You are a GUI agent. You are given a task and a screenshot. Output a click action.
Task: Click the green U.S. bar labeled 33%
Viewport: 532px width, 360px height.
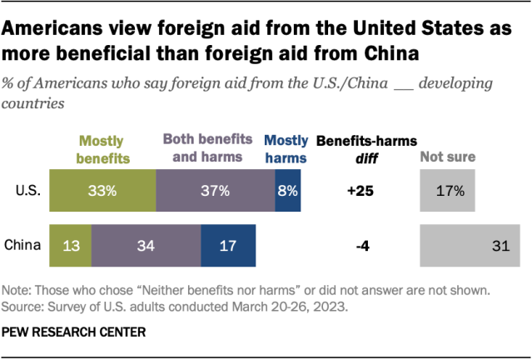coord(102,190)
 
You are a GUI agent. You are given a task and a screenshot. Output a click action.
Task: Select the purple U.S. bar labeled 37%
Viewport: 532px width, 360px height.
coord(215,190)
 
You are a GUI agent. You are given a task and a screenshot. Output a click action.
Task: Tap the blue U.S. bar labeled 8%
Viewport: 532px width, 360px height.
coord(288,190)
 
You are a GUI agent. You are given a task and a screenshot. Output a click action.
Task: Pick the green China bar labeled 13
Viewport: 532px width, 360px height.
coord(70,245)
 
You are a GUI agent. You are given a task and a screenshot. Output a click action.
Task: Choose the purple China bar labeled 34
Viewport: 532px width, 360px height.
coord(146,245)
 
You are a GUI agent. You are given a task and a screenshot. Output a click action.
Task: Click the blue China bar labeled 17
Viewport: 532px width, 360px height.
coord(228,245)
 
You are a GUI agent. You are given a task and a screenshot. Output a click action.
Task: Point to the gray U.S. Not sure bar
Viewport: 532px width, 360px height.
coord(448,190)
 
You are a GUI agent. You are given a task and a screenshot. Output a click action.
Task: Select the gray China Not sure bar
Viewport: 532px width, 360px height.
coord(475,245)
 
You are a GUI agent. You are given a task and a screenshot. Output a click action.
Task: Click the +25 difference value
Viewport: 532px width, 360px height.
coord(360,190)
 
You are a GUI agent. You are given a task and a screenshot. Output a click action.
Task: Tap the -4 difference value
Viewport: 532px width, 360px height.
coord(360,245)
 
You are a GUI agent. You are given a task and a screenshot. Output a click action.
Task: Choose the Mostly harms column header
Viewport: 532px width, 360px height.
coord(285,147)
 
